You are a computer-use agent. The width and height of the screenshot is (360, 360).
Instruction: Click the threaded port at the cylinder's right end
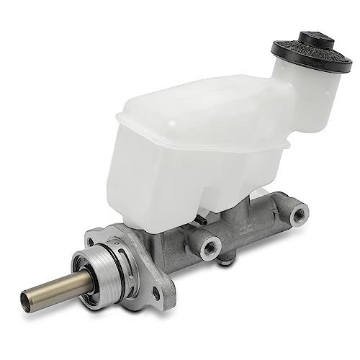coord(297,213)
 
